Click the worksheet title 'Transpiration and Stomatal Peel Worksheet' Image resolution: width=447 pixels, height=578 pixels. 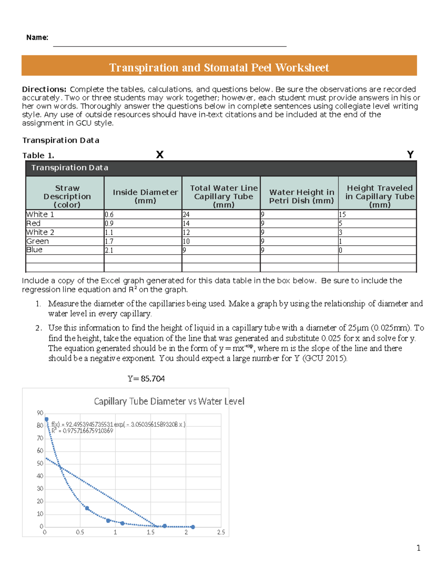pos(219,67)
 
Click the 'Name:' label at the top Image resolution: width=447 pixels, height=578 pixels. pos(37,37)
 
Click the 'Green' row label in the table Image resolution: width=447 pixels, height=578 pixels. pos(38,241)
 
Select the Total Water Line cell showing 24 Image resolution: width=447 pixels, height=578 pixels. pos(186,214)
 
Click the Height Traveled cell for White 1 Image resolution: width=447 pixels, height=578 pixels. pos(342,214)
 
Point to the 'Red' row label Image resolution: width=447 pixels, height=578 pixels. pos(34,223)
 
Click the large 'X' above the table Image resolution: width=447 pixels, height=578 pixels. pos(159,154)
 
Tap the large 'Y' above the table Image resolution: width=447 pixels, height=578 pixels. pos(410,154)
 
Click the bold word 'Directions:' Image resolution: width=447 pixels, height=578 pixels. pos(44,89)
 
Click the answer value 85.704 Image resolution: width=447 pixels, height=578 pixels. pos(153,379)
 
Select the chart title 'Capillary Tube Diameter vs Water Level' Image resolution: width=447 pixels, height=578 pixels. pos(169,401)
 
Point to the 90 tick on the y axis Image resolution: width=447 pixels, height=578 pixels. pos(40,413)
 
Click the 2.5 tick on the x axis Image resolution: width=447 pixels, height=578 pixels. pos(221,532)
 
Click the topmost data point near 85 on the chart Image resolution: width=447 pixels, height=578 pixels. pos(47,419)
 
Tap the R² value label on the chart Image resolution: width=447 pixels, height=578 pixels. pos(82,431)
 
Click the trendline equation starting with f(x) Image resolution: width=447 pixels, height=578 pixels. pos(118,424)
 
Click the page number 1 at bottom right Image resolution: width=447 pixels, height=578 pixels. pos(418,548)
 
